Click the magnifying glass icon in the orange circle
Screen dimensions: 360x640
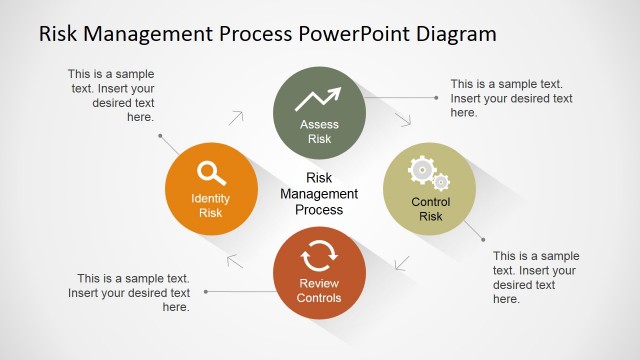(x=211, y=174)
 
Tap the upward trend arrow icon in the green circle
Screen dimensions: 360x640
(x=319, y=99)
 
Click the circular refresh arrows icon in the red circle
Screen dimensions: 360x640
(x=319, y=257)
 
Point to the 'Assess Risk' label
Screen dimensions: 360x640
(x=319, y=132)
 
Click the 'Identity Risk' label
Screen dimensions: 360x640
(x=210, y=205)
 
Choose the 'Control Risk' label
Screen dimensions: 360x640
(x=430, y=209)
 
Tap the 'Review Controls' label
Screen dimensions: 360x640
(x=319, y=291)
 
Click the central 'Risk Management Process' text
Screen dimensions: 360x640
(x=319, y=194)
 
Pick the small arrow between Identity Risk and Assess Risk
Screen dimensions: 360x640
(x=236, y=118)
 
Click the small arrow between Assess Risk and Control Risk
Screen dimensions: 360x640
(x=404, y=119)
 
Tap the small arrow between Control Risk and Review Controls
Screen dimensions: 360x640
(x=403, y=264)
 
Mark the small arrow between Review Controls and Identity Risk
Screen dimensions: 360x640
(x=235, y=262)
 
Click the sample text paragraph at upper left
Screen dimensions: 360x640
(x=111, y=95)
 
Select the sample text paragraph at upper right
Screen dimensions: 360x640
(x=511, y=98)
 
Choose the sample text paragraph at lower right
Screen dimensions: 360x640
(x=536, y=277)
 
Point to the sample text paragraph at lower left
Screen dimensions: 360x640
(x=130, y=292)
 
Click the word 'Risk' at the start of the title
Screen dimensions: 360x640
(x=60, y=34)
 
